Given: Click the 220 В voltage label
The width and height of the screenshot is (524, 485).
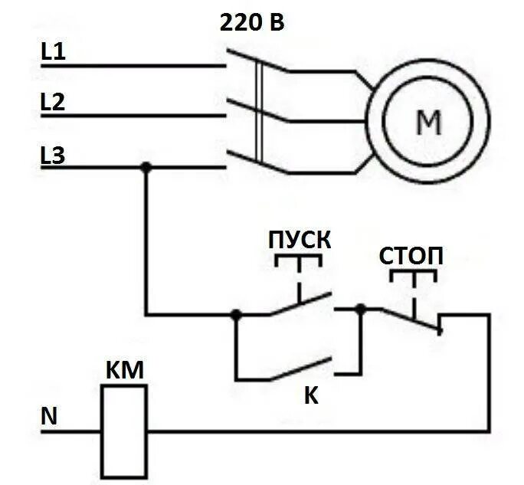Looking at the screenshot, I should tap(252, 22).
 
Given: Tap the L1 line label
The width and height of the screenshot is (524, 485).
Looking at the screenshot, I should tap(54, 52).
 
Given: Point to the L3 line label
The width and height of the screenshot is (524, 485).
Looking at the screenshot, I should tap(54, 156).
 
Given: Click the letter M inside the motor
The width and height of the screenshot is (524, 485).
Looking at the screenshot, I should tap(428, 121).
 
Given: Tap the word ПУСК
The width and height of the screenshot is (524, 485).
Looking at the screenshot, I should tap(300, 238).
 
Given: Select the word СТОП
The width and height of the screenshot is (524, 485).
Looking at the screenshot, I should tap(411, 255).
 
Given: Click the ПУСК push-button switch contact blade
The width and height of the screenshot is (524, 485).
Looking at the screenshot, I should tap(300, 303).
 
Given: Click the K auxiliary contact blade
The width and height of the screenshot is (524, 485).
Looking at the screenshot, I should tap(300, 369).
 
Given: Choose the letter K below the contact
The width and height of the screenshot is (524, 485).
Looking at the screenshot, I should tap(311, 396).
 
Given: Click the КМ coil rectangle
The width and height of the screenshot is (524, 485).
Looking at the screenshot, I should tap(124, 431).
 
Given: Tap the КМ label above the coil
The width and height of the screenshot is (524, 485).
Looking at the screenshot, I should tap(123, 372).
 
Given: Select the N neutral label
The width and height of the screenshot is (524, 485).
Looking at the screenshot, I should tap(49, 418).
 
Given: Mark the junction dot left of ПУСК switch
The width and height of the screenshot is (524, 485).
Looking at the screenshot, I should tap(236, 314).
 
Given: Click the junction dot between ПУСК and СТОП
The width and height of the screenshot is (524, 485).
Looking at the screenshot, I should tap(362, 310).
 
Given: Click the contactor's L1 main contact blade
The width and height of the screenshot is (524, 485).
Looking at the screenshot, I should tap(258, 61).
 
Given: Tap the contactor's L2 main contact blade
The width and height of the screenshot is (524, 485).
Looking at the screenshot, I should tap(258, 110).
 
